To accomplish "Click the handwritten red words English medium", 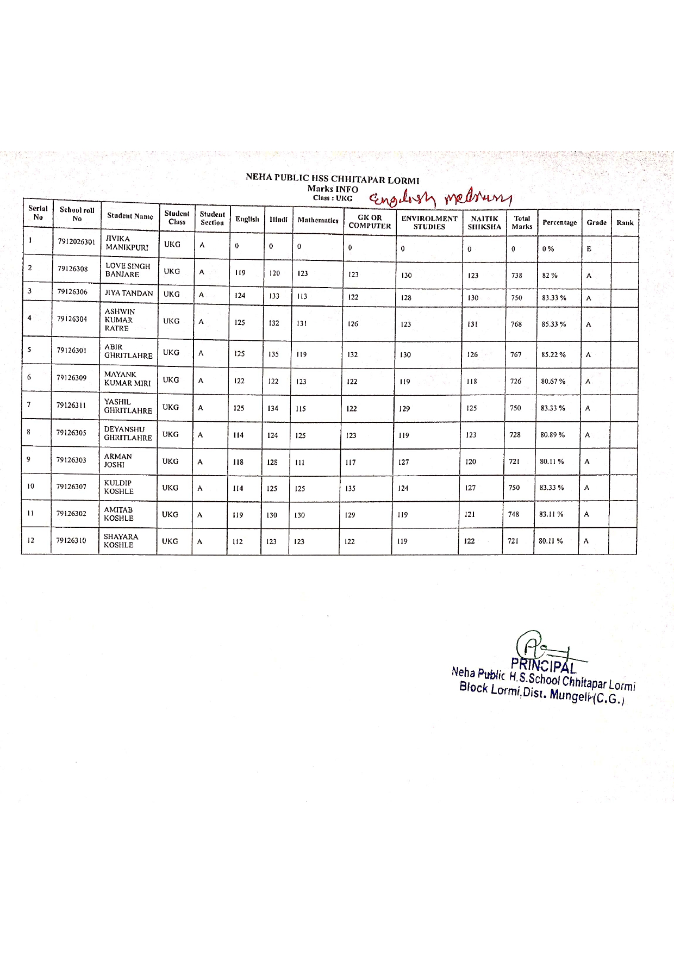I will tap(440, 198).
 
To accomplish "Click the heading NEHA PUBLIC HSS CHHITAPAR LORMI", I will tap(332, 178).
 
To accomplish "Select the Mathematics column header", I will tap(318, 220).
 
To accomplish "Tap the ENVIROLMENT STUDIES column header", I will tap(429, 222).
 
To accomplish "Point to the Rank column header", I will tap(625, 222).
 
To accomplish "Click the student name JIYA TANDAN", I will tap(129, 294).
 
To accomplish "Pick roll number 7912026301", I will tap(77, 242).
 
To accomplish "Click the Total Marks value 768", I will tap(516, 324).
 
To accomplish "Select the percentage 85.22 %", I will tap(553, 354).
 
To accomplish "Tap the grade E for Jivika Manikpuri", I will tap(589, 249).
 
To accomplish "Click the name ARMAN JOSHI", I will tap(117, 460).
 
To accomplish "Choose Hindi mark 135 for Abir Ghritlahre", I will tap(273, 354).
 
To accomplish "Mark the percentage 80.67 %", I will tap(553, 382).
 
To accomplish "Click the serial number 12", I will tap(31, 540).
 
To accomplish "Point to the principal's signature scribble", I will tap(535, 647).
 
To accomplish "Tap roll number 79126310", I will tap(71, 541).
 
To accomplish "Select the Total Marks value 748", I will tap(514, 514).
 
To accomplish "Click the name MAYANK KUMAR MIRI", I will tap(127, 379).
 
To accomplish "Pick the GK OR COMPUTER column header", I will tap(370, 222).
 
